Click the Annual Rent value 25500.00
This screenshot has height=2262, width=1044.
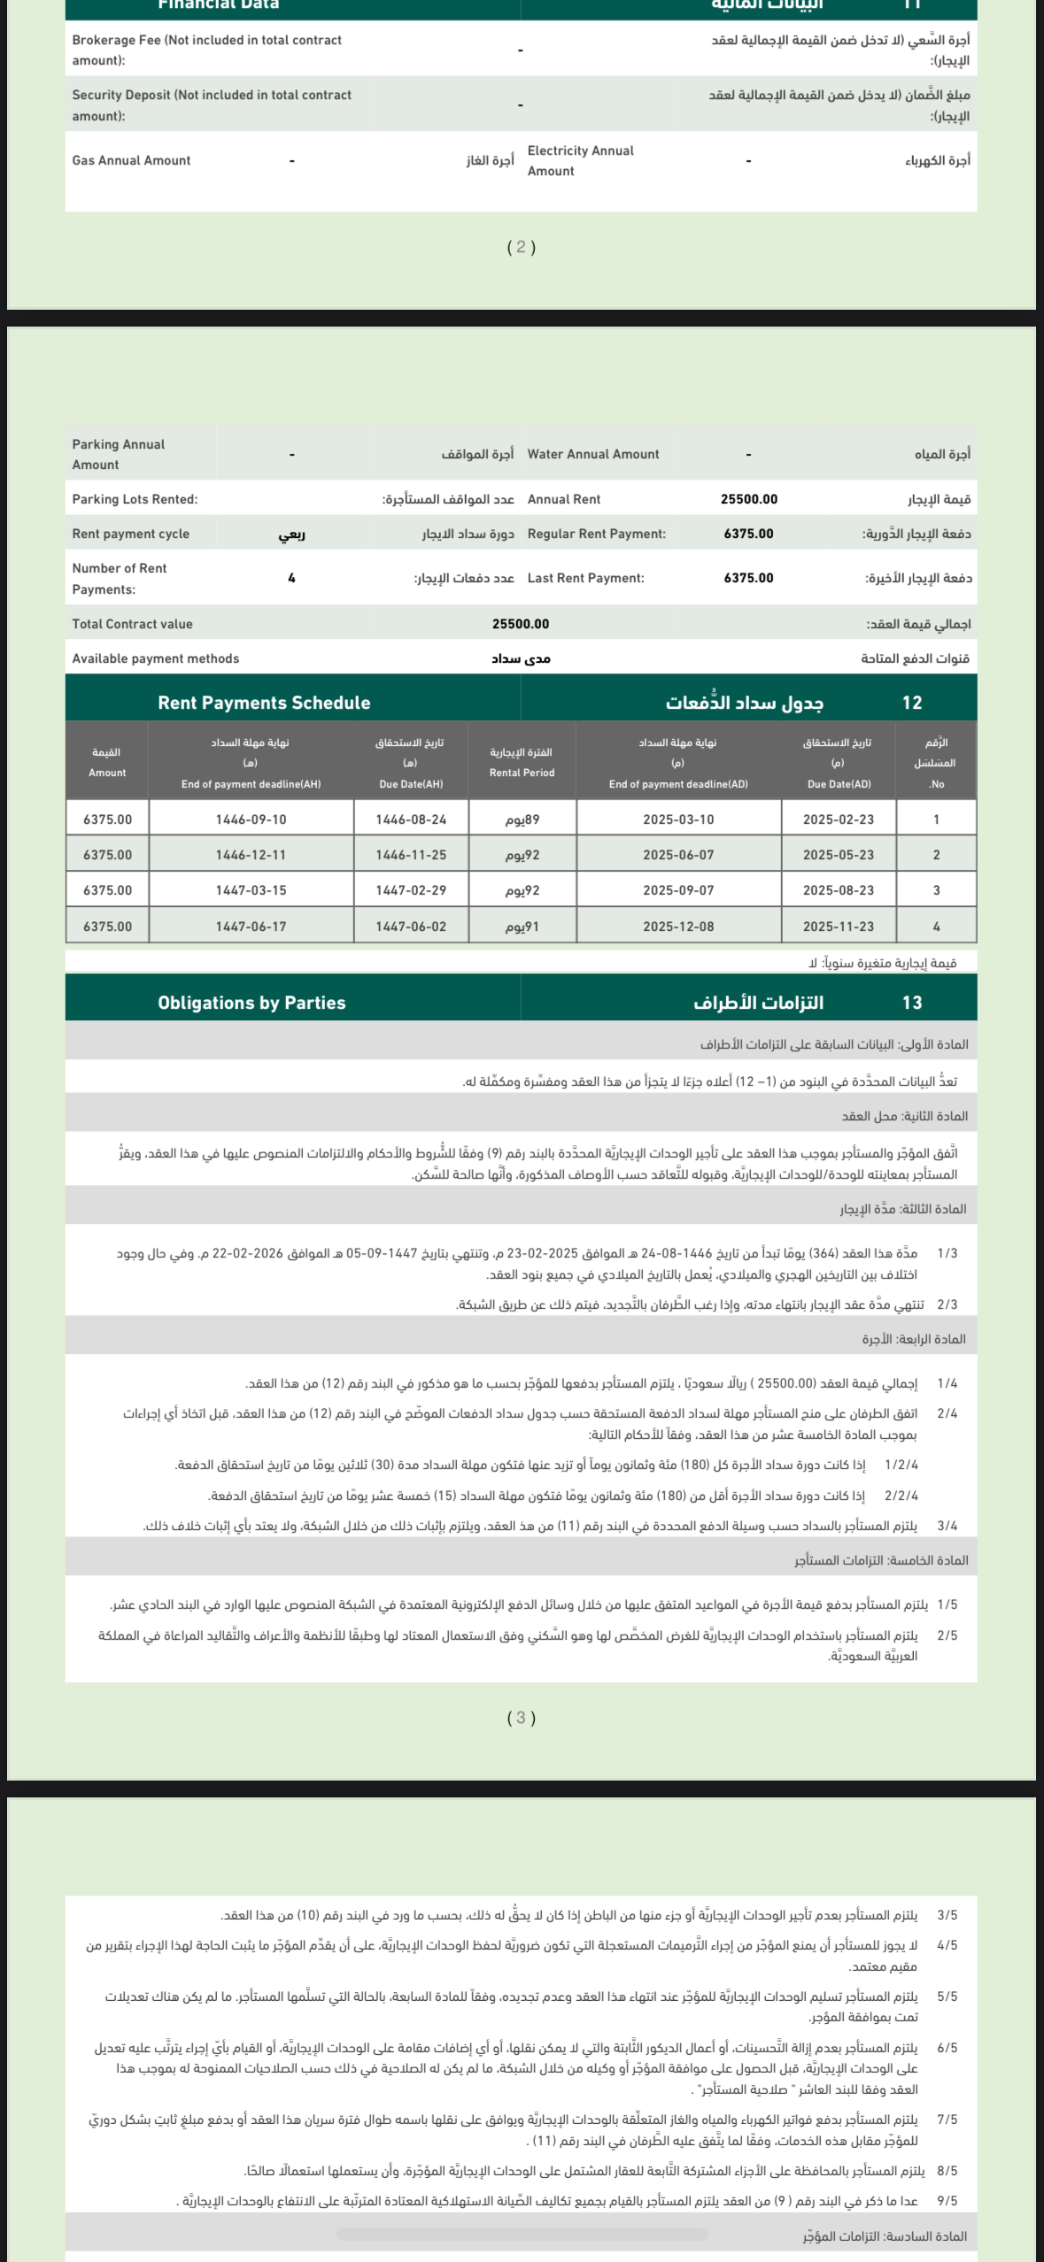(x=749, y=499)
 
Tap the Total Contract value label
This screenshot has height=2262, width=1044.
(x=132, y=624)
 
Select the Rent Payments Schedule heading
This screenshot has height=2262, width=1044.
(x=264, y=703)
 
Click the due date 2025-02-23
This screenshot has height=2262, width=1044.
(x=838, y=819)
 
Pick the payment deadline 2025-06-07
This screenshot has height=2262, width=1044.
(x=678, y=855)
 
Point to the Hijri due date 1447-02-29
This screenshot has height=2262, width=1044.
(x=411, y=890)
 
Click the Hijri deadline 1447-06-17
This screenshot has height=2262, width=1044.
(x=251, y=927)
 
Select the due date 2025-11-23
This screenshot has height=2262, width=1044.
(x=838, y=927)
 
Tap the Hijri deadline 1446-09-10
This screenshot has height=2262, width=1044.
(x=251, y=819)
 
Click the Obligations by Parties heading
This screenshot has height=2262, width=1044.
(x=251, y=1003)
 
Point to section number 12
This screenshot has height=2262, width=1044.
(x=912, y=703)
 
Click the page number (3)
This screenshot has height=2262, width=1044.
(x=521, y=1718)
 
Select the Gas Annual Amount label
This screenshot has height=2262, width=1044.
(x=131, y=160)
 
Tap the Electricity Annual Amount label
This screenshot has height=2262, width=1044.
(x=580, y=161)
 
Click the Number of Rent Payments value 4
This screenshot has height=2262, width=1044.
(x=291, y=578)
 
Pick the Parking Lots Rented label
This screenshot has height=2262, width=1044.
(x=135, y=499)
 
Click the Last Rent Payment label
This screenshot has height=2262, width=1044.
(x=585, y=578)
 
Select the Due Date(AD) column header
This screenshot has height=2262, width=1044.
(x=839, y=784)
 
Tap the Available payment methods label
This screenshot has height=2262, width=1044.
(x=155, y=658)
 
